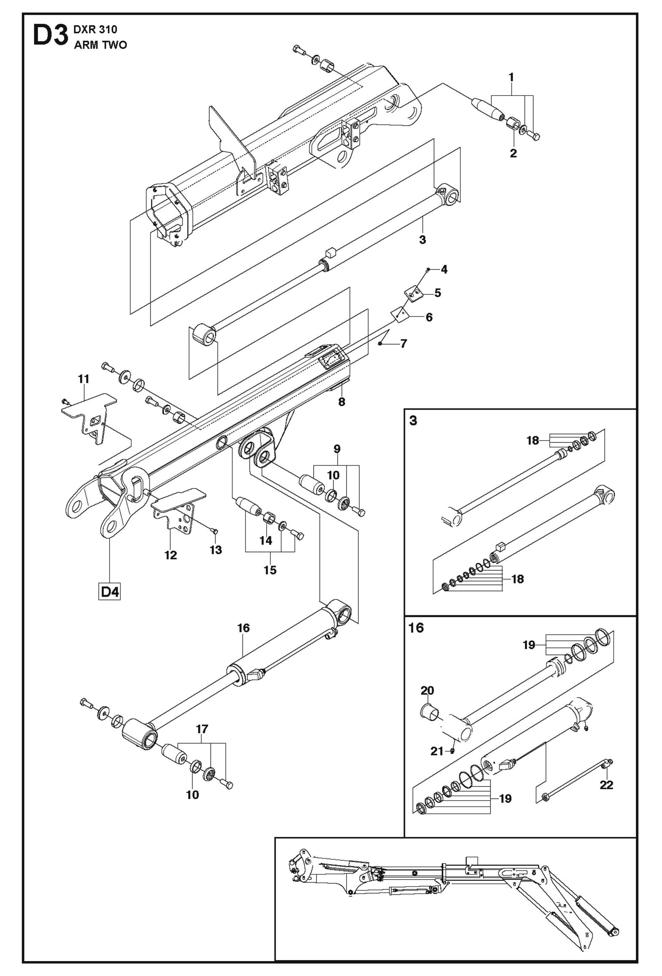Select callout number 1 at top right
pos(511,78)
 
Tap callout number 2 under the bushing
pos(513,154)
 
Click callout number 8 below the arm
pos(342,402)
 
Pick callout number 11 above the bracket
pos(84,379)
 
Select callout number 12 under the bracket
pos(170,555)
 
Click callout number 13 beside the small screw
pos(216,550)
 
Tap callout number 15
pos(270,570)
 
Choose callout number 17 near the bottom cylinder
pos(202,729)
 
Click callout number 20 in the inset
pos(427,690)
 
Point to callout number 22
pos(606,785)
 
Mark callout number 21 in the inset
pos(437,751)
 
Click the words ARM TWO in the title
pos(100,45)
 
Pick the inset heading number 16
pos(416,628)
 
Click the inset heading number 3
pos(413,420)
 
